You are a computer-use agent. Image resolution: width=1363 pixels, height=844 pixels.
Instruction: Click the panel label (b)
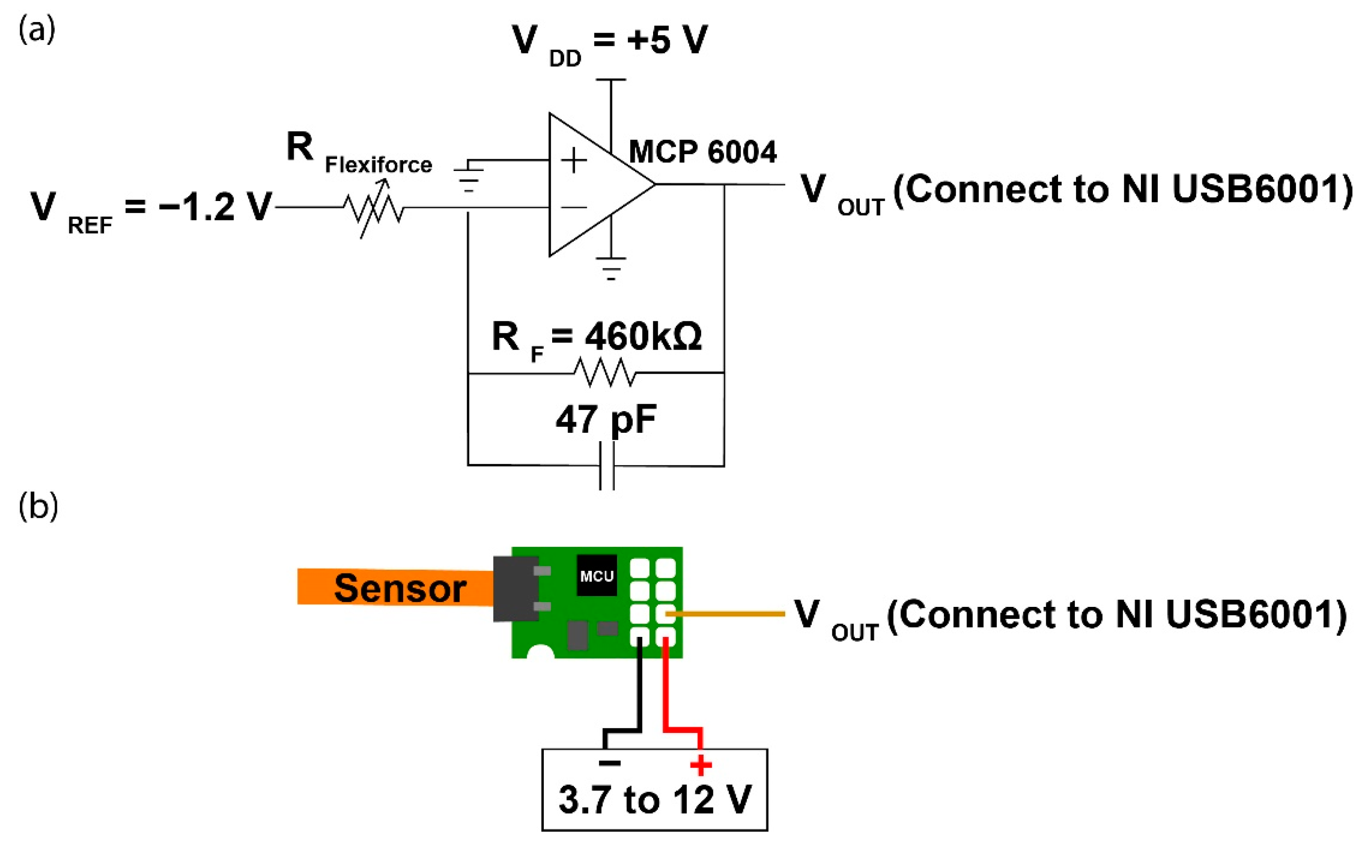click(38, 507)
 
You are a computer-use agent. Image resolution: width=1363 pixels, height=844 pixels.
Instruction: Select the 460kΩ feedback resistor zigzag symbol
click(605, 372)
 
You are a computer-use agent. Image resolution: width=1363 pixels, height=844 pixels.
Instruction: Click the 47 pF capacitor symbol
click(607, 465)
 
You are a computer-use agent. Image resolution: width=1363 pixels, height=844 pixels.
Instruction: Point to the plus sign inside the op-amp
click(574, 161)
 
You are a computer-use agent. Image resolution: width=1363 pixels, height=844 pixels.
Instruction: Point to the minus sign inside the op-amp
click(574, 208)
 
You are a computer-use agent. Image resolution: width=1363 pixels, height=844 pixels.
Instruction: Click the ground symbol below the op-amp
click(611, 268)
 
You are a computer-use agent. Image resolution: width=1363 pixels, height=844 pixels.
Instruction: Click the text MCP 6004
click(702, 152)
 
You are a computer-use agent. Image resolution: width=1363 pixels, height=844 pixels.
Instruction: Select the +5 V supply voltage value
click(667, 40)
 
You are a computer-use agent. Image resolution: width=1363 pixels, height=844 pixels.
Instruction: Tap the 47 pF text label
click(605, 419)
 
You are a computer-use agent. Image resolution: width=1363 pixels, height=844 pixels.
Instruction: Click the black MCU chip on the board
click(597, 576)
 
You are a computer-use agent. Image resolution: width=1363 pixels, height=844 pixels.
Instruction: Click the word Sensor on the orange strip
click(400, 588)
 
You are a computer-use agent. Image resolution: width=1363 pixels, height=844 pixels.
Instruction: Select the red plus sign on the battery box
click(701, 765)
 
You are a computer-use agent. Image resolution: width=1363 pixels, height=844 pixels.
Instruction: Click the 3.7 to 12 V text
click(655, 800)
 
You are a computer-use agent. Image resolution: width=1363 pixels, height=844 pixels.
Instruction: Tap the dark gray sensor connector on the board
click(515, 589)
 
